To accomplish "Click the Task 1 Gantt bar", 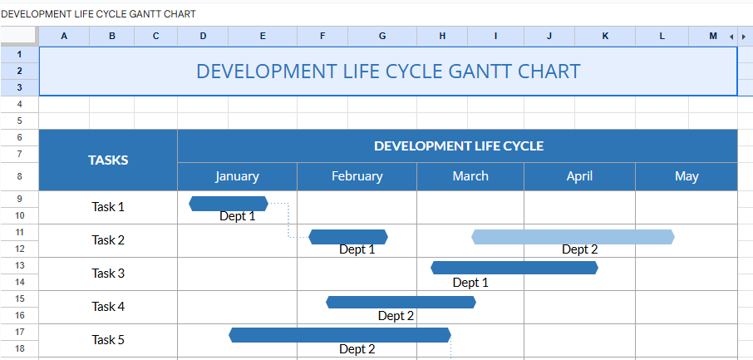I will [229, 204].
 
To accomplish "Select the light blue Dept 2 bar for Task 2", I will [573, 237].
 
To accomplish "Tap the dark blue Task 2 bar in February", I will [348, 237].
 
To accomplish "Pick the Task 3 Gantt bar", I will [514, 268].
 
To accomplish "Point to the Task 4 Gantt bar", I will [401, 302].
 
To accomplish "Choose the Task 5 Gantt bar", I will [340, 335].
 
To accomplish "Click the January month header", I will [237, 176].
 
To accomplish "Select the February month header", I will [357, 176].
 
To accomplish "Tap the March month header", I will [470, 176].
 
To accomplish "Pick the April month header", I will [579, 176].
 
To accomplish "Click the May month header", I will [687, 176].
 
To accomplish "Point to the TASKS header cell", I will [108, 160].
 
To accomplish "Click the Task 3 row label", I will [108, 274].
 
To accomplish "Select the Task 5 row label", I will [108, 340].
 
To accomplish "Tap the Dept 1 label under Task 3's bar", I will [470, 283].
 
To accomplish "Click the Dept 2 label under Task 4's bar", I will [396, 316].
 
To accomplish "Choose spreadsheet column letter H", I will [442, 36].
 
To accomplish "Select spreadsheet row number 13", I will [19, 265].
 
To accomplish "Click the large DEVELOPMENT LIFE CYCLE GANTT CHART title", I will [388, 72].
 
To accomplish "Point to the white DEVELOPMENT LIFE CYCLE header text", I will [458, 146].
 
